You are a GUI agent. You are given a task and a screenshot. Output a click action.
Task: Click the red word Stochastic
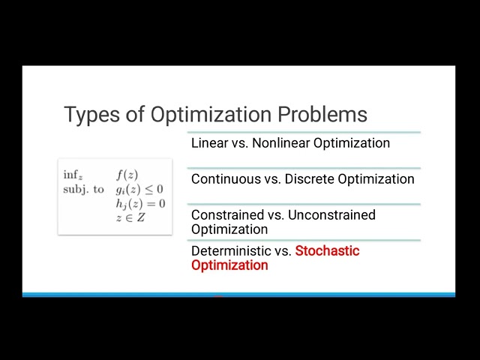(327, 250)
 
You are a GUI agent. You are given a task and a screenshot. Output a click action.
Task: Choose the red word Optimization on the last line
(229, 265)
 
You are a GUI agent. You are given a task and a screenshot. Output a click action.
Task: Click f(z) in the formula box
(127, 175)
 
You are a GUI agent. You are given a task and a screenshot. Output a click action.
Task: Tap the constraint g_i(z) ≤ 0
(139, 190)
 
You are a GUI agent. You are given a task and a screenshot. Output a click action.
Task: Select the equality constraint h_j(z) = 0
(140, 204)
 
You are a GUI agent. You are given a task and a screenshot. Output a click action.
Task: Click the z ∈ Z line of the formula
(130, 217)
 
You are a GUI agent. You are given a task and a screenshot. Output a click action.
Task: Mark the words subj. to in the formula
(83, 190)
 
